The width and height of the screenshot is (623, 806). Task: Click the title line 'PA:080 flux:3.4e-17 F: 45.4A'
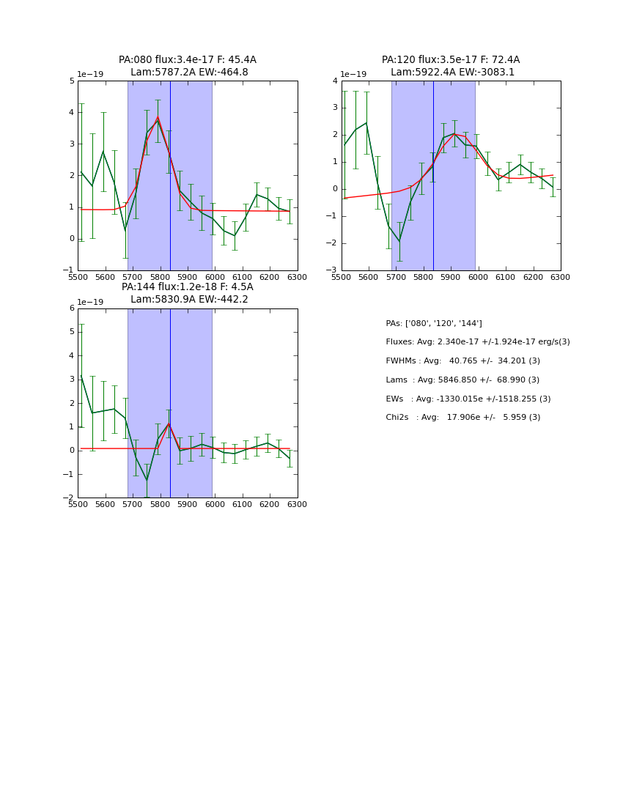pos(188,60)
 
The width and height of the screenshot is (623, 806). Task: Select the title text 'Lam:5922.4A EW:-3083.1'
pos(452,73)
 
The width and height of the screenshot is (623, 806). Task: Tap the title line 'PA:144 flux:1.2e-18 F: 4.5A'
pos(188,287)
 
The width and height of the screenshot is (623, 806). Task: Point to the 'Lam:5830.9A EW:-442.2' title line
pos(189,299)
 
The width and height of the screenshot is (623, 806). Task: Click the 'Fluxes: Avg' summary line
pos(477,342)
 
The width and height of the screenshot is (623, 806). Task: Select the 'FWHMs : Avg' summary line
pos(462,361)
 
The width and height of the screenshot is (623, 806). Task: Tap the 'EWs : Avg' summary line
pos(468,399)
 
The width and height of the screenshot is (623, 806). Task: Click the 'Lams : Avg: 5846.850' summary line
pos(462,380)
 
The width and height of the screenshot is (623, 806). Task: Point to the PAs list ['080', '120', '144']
pos(434,323)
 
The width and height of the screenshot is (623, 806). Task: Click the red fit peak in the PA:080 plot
pos(158,117)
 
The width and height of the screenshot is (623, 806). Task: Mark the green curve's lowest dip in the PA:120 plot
pos(399,241)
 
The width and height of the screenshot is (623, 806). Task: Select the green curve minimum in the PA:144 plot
pos(147,481)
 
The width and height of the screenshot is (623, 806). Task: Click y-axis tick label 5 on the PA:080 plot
pos(71,81)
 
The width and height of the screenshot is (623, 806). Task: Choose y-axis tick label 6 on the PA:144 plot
pos(71,308)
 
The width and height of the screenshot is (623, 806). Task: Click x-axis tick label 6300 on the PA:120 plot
pos(560,277)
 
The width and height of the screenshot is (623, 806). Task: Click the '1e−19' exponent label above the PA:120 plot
pos(353,74)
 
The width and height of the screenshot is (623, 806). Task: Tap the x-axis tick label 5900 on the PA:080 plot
pos(188,277)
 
